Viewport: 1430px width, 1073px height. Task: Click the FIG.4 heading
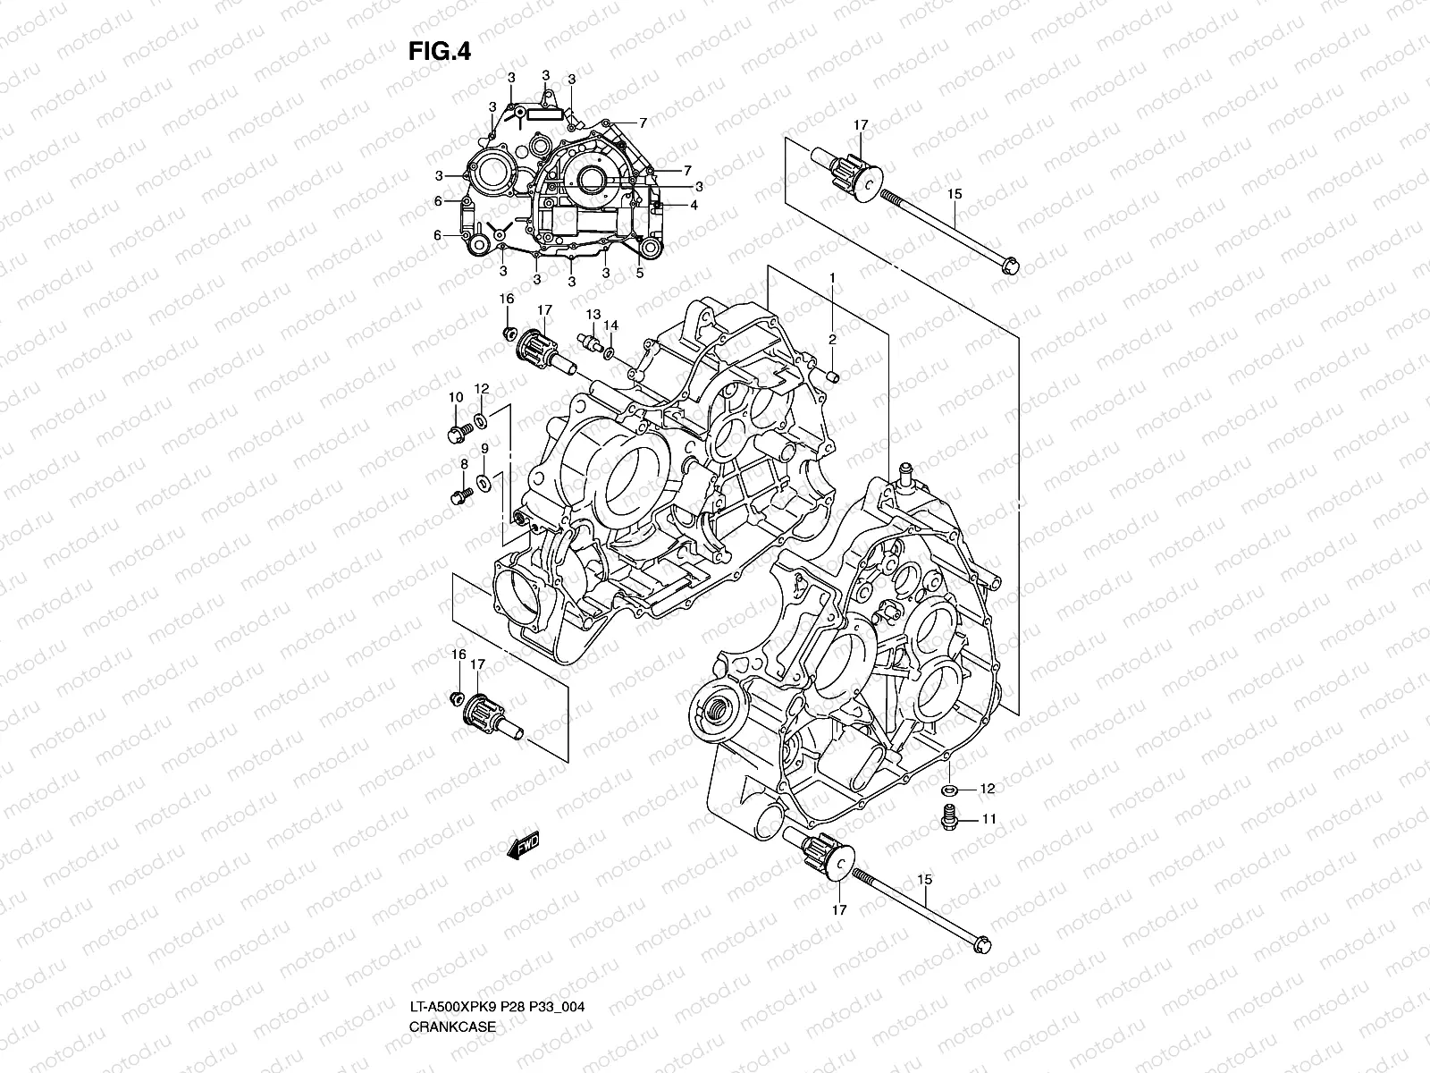439,52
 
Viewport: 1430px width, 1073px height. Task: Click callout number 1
831,279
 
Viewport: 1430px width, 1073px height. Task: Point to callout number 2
831,339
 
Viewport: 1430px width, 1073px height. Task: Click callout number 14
611,325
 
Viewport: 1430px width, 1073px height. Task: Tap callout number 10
455,397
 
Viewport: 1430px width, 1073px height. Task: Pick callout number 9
484,449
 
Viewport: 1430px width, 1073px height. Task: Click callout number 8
464,464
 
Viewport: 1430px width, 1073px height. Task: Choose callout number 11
988,818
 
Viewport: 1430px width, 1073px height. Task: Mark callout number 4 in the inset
694,205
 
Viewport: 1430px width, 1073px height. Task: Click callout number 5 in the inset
640,274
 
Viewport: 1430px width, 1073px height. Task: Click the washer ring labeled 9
484,484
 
